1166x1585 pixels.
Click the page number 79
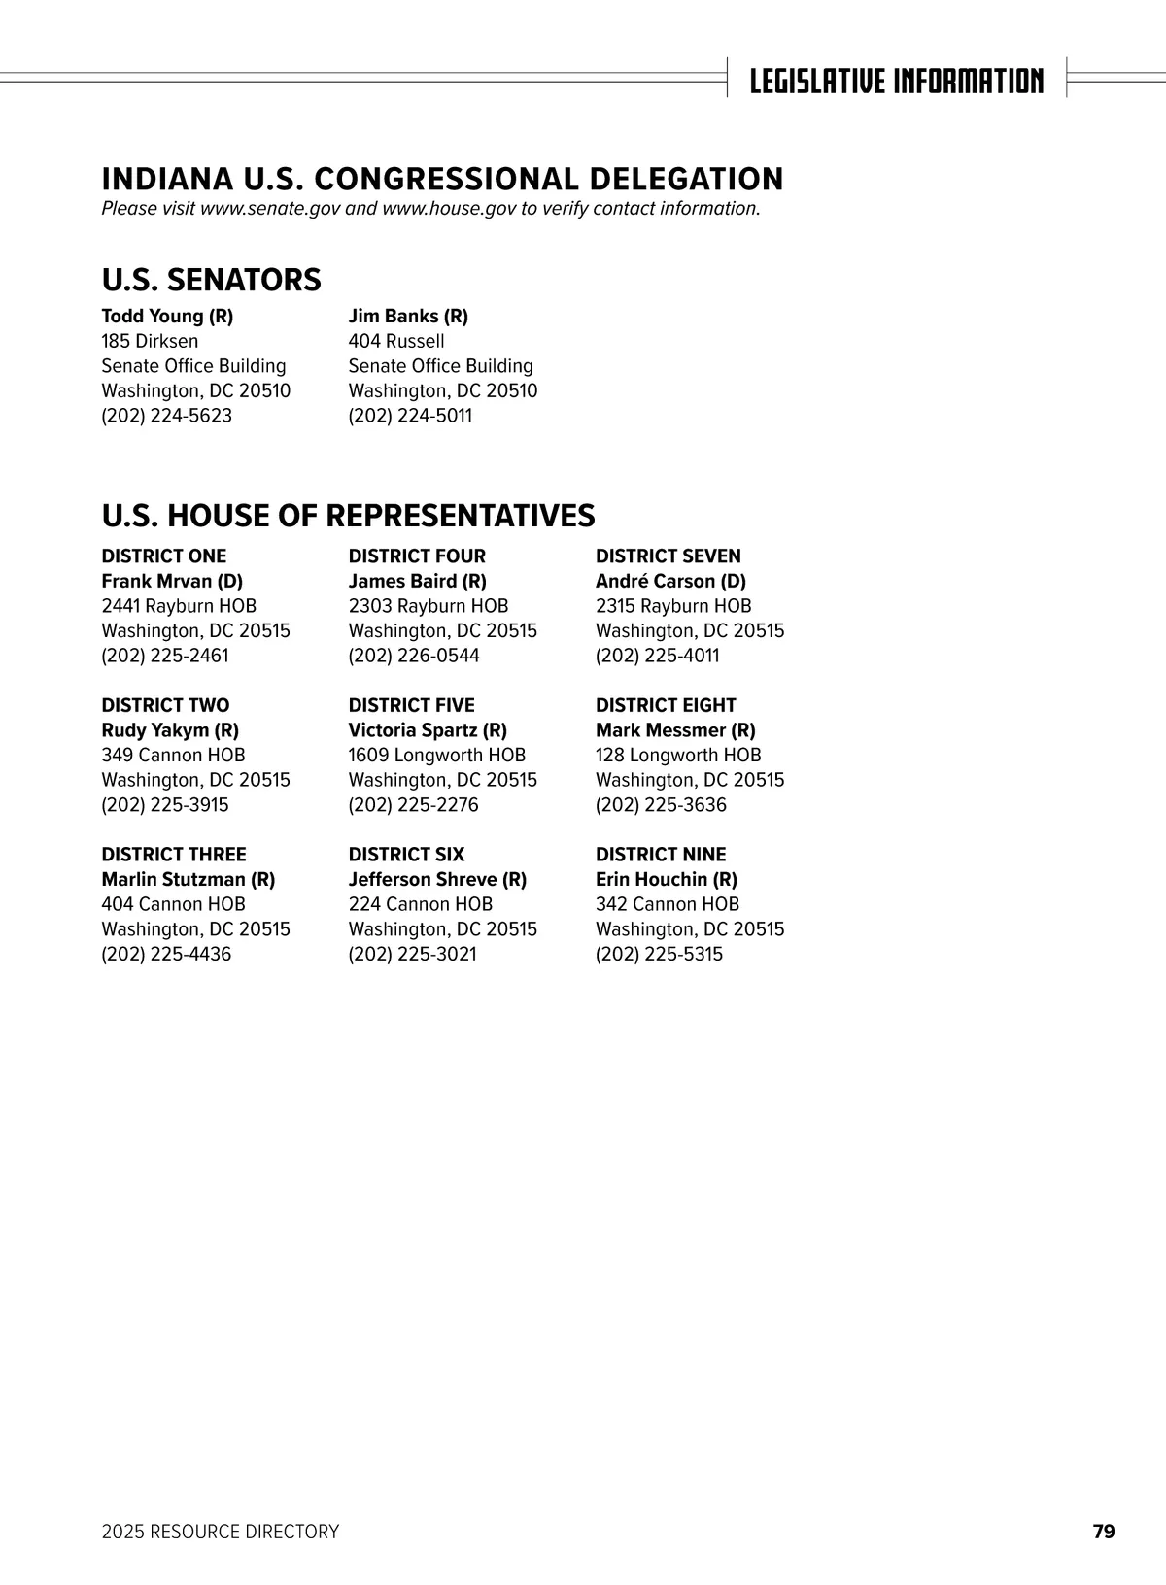pos(1104,1532)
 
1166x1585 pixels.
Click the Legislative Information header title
pos(896,80)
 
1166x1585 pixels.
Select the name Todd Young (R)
pos(167,317)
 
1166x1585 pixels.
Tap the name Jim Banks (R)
pos(408,317)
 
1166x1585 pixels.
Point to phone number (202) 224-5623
pos(167,416)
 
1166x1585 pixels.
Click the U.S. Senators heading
pos(211,280)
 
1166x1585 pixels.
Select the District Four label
pos(417,556)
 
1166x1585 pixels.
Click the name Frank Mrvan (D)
pos(172,581)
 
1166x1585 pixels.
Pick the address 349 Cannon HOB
pos(173,755)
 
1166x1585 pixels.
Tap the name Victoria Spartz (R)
pos(428,730)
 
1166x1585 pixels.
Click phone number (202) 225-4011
pos(658,656)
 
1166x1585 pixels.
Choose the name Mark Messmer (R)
pos(675,730)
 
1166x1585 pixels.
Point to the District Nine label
pos(661,855)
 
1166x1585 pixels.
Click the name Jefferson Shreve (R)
pos(437,880)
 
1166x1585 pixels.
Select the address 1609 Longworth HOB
pos(436,755)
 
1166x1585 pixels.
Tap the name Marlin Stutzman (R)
pos(189,880)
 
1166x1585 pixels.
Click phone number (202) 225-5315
pos(659,954)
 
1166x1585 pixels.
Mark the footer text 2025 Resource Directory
pos(221,1532)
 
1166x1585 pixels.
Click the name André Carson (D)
pos(670,581)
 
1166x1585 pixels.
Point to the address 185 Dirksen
pos(150,341)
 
